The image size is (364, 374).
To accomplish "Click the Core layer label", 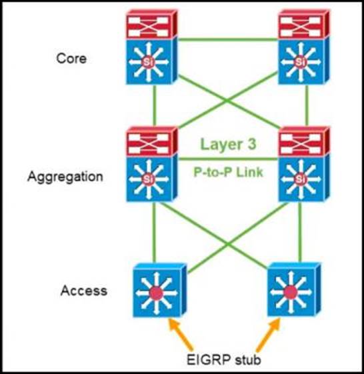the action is [x=71, y=59].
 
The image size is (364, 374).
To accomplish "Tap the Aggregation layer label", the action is [x=65, y=177].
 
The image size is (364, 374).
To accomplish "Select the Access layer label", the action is [x=84, y=291].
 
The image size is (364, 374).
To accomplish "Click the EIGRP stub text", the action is [x=223, y=359].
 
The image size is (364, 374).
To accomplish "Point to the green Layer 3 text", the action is [x=228, y=144].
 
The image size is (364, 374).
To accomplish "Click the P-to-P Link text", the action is [x=228, y=172].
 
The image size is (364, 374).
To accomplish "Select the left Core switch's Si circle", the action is [x=148, y=62].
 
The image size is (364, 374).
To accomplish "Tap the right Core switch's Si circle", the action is [x=300, y=62].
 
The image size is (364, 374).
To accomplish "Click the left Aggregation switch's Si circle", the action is [x=148, y=179].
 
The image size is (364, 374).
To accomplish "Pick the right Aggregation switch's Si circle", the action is [x=300, y=179].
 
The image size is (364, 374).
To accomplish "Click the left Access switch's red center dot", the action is [x=156, y=293].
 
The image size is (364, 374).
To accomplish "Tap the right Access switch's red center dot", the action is [x=290, y=291].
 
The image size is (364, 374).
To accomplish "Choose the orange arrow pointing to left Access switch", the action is [x=181, y=334].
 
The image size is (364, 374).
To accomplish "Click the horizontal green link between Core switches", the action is [x=228, y=39].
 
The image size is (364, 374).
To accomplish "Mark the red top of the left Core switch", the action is [x=152, y=24].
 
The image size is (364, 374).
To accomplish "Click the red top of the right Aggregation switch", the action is [x=304, y=141].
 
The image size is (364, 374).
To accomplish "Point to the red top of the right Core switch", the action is [x=304, y=24].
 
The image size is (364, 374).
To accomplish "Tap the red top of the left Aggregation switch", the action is [x=152, y=141].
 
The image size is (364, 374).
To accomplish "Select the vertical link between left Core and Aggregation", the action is [x=155, y=105].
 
